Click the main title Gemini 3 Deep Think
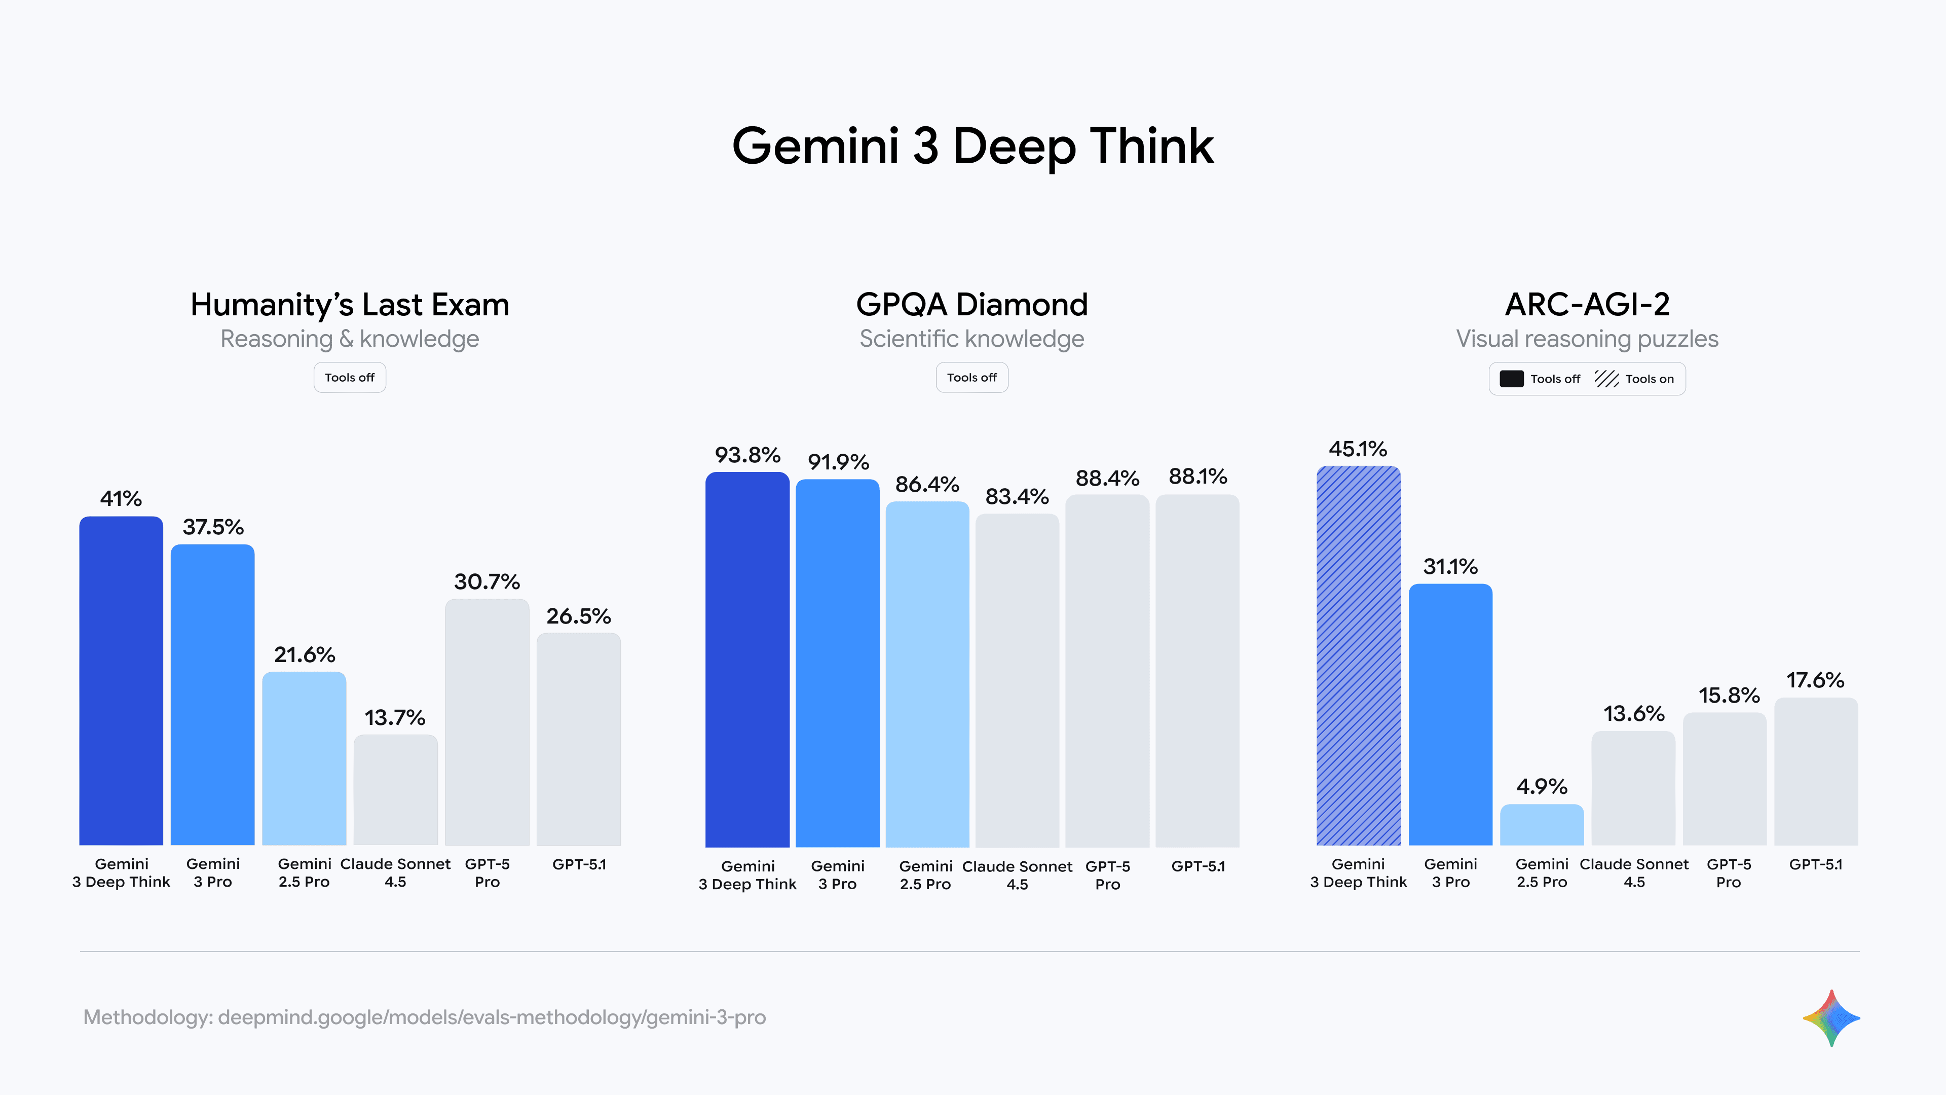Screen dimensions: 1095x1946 pyautogui.click(x=972, y=146)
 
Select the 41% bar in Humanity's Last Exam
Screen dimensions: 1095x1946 pyautogui.click(x=121, y=680)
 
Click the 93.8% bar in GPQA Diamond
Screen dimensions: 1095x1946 pyautogui.click(x=747, y=659)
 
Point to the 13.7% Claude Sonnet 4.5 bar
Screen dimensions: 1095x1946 pyautogui.click(x=395, y=790)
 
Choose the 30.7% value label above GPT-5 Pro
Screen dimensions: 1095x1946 pyautogui.click(x=486, y=582)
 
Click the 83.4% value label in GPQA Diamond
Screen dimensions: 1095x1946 pyautogui.click(x=1017, y=496)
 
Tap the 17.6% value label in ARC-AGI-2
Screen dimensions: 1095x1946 pyautogui.click(x=1815, y=680)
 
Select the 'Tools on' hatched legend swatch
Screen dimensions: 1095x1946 pyautogui.click(x=1606, y=379)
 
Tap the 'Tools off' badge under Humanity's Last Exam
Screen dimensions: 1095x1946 pyautogui.click(x=350, y=378)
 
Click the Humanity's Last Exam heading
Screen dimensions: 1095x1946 pyautogui.click(x=350, y=305)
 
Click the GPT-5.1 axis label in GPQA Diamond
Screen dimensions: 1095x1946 pyautogui.click(x=1198, y=866)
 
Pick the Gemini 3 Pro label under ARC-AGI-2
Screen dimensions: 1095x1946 pyautogui.click(x=1450, y=873)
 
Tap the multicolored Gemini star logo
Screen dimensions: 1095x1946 pyautogui.click(x=1831, y=1018)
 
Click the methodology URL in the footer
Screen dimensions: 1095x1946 pyautogui.click(x=492, y=1017)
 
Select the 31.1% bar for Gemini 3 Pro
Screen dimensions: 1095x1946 pyautogui.click(x=1450, y=714)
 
